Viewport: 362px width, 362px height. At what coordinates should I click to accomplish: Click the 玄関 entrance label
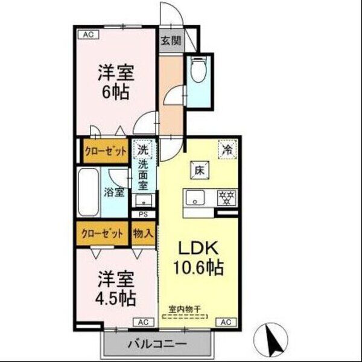pos(170,41)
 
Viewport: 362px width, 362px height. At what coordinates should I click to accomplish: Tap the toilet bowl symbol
pos(197,72)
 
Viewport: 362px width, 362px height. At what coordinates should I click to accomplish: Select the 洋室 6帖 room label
pos(116,83)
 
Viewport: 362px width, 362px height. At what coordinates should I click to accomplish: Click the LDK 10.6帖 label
pos(199,258)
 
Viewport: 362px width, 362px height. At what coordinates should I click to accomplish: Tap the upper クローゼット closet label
pos(106,151)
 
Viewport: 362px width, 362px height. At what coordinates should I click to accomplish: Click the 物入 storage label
pos(142,233)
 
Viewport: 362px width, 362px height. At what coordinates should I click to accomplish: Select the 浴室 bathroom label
pos(114,193)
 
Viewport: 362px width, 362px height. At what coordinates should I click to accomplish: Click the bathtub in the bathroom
pos(88,192)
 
